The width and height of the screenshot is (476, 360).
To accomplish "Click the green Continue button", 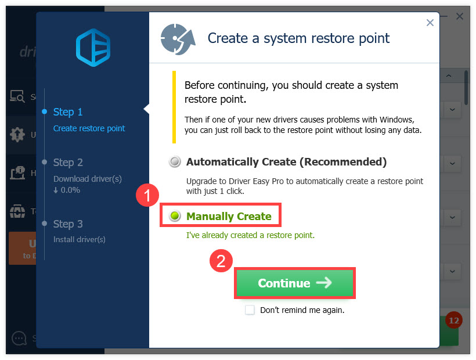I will click(294, 283).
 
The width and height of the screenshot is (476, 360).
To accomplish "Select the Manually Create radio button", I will click(175, 217).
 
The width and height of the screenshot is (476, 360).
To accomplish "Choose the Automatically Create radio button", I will click(175, 162).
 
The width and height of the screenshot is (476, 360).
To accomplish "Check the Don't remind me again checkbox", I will click(250, 310).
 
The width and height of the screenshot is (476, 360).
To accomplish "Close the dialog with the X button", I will click(430, 23).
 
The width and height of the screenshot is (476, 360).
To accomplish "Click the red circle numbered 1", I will click(147, 196).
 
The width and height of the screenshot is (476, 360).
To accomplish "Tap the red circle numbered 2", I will click(221, 261).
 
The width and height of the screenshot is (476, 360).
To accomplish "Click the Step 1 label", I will click(68, 112).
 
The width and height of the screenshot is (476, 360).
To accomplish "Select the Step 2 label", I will click(68, 163).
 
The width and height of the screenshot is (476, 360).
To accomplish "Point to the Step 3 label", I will click(68, 224).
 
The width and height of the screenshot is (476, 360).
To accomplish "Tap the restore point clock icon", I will click(178, 38).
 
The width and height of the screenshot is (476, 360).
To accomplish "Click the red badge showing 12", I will click(453, 321).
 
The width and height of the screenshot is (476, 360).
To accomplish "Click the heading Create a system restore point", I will click(298, 39).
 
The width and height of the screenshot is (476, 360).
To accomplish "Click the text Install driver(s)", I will click(80, 239).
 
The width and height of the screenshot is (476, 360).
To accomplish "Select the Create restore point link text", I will click(89, 128).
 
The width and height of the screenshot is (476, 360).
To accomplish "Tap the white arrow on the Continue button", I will click(324, 283).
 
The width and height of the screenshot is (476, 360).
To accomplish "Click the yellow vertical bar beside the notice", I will click(174, 107).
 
